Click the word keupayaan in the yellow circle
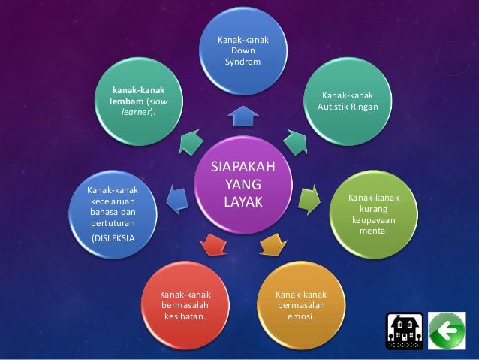(x=373, y=222)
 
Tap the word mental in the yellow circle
(x=373, y=233)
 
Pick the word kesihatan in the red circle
(x=185, y=316)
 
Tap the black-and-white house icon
(x=402, y=329)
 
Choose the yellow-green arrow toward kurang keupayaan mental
(x=309, y=199)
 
